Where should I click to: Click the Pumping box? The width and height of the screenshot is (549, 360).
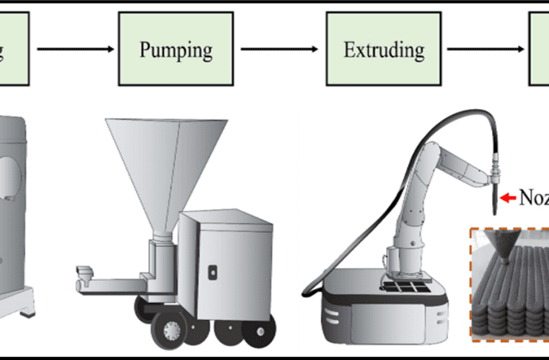pyautogui.click(x=176, y=50)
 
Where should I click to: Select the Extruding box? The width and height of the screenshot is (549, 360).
pyautogui.click(x=384, y=50)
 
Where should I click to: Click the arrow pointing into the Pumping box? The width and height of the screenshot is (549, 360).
pyautogui.click(x=75, y=50)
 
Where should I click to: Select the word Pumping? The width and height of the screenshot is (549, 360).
pyautogui.click(x=176, y=50)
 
